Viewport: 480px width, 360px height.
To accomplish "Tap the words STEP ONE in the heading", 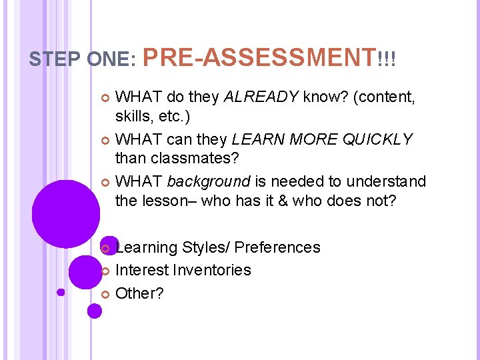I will (x=82, y=60).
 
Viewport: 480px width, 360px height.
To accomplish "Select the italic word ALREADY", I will (x=261, y=98).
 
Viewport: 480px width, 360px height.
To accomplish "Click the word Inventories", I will (x=211, y=270).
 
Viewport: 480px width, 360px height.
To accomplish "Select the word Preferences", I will (x=277, y=248).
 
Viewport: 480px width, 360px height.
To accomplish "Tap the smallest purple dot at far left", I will (x=61, y=291).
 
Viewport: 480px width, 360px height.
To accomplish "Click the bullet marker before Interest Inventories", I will (x=104, y=271).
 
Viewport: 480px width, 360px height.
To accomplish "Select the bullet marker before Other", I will (x=104, y=293).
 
